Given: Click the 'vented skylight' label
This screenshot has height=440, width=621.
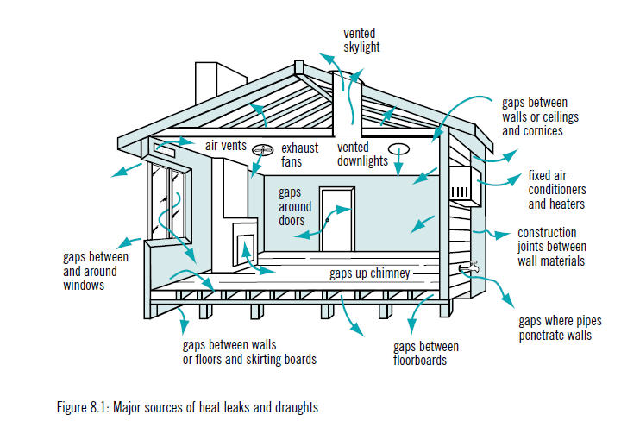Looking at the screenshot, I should pos(361,41).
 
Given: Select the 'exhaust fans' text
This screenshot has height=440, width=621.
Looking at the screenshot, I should pos(299,154).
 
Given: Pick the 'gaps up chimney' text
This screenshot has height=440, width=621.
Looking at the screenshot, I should pos(368,274).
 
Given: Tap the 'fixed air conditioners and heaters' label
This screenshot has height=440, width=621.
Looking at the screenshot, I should pos(556,190).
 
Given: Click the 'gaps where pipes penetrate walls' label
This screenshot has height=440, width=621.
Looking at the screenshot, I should pos(555,328).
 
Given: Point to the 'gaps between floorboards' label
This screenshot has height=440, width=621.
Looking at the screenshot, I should pos(426,353).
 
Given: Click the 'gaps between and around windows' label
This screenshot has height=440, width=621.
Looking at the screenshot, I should pos(95,271).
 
